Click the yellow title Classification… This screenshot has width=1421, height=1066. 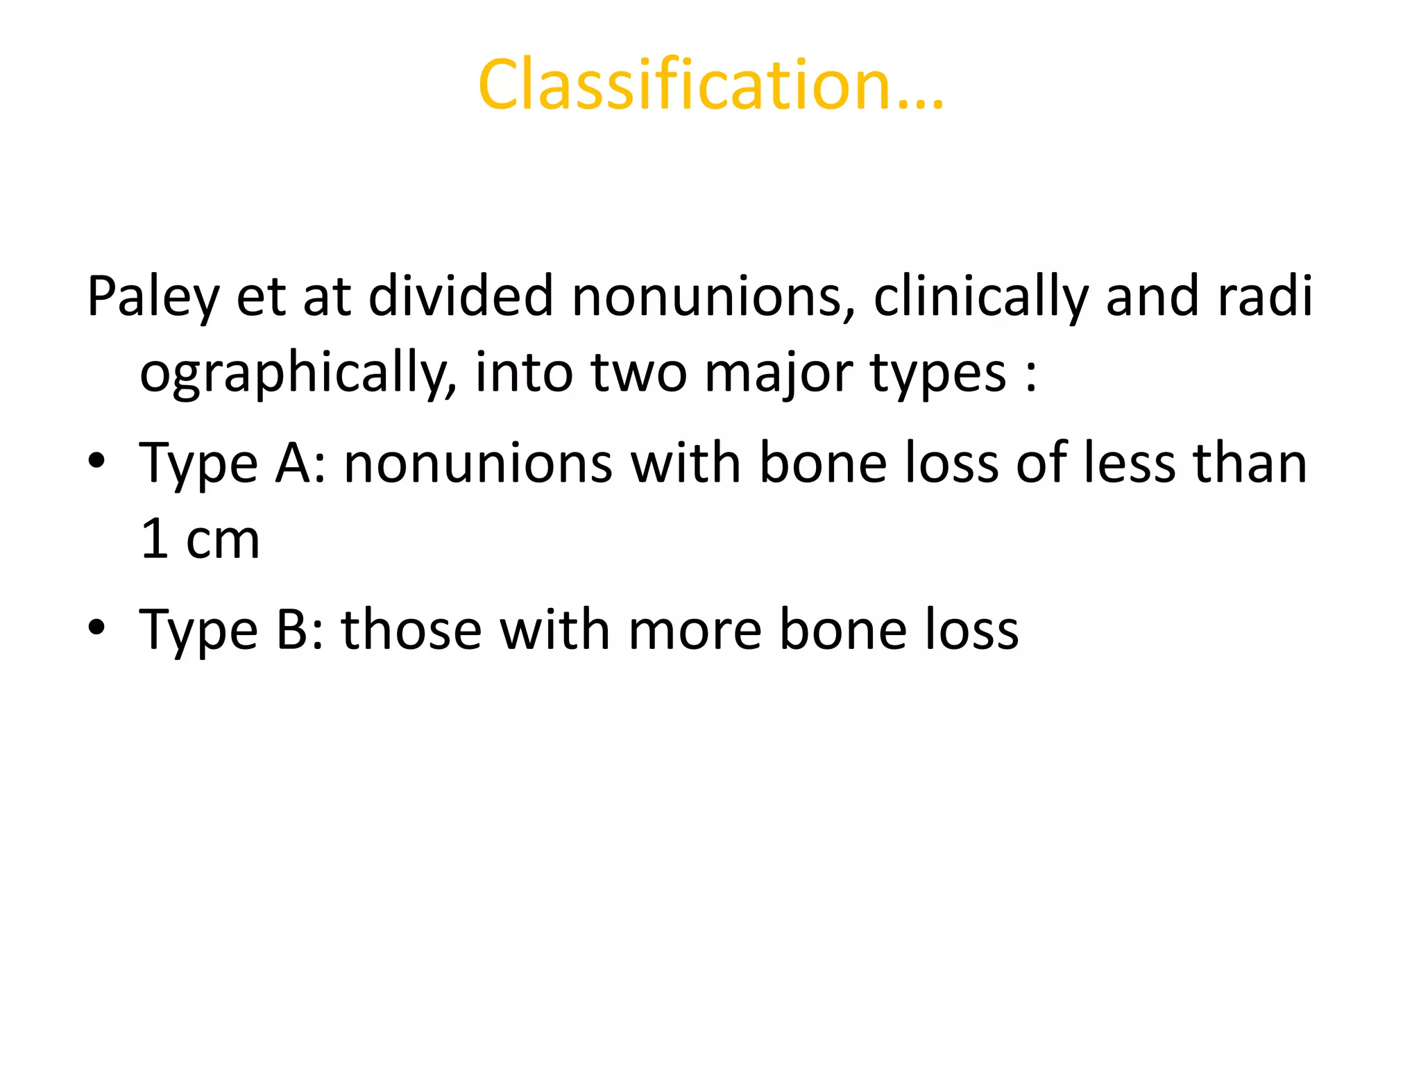[710, 85]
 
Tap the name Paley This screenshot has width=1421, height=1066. [153, 297]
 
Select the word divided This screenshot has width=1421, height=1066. [461, 296]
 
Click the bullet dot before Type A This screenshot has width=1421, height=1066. [96, 462]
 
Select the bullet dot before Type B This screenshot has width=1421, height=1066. [96, 627]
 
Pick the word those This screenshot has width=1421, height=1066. [411, 629]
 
